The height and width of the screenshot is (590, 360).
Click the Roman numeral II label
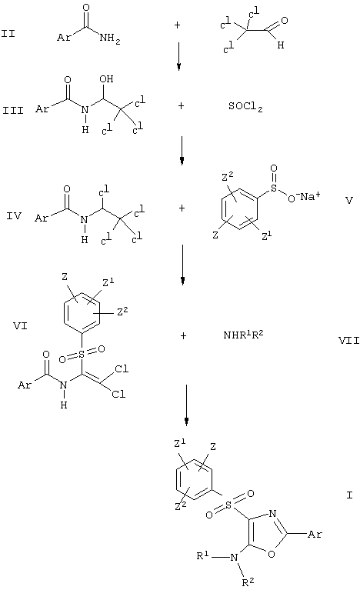pyautogui.click(x=8, y=34)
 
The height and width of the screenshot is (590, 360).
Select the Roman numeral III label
pyautogui.click(x=13, y=111)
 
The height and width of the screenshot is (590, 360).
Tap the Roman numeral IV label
pyautogui.click(x=14, y=216)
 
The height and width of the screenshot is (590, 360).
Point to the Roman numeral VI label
pyautogui.click(x=20, y=325)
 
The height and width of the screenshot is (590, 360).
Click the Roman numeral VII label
pyautogui.click(x=348, y=341)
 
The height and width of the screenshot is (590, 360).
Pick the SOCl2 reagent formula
pyautogui.click(x=245, y=107)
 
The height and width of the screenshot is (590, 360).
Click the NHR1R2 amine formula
pyautogui.click(x=243, y=335)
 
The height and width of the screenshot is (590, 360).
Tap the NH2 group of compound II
pyautogui.click(x=110, y=38)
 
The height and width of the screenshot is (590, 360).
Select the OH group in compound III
pyautogui.click(x=106, y=79)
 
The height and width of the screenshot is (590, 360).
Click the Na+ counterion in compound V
pyautogui.click(x=310, y=195)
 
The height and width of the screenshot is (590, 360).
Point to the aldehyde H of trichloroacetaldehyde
pyautogui.click(x=281, y=45)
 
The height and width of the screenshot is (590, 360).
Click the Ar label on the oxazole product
pyautogui.click(x=315, y=534)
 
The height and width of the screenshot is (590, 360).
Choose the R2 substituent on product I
pyautogui.click(x=248, y=582)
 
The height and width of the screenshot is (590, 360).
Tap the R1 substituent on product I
pyautogui.click(x=203, y=555)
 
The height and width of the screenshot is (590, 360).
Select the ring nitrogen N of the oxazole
pyautogui.click(x=273, y=514)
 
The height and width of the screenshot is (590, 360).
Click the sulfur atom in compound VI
pyautogui.click(x=82, y=354)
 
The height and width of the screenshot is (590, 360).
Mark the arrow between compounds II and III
pyautogui.click(x=178, y=56)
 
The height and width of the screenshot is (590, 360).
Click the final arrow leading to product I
pyautogui.click(x=186, y=405)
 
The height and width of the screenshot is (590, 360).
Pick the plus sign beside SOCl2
pyautogui.click(x=181, y=106)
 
